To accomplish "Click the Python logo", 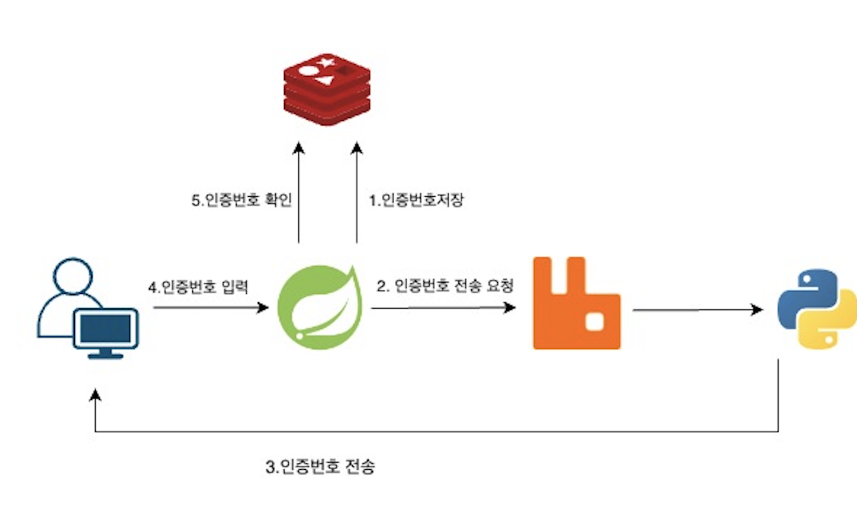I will coord(816,310).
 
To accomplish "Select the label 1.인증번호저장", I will coord(416,201).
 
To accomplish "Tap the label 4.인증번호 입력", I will coord(198,287).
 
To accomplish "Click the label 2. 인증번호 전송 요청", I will coord(445,285).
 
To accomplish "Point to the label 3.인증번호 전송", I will coord(320,468).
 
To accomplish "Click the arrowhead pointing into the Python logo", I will coord(757,310).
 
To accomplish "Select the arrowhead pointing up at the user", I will coord(96,395).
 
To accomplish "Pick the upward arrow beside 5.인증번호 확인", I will coord(298,194).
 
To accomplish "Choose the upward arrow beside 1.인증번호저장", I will coord(357,194).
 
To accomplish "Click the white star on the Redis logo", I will coord(326,63).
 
